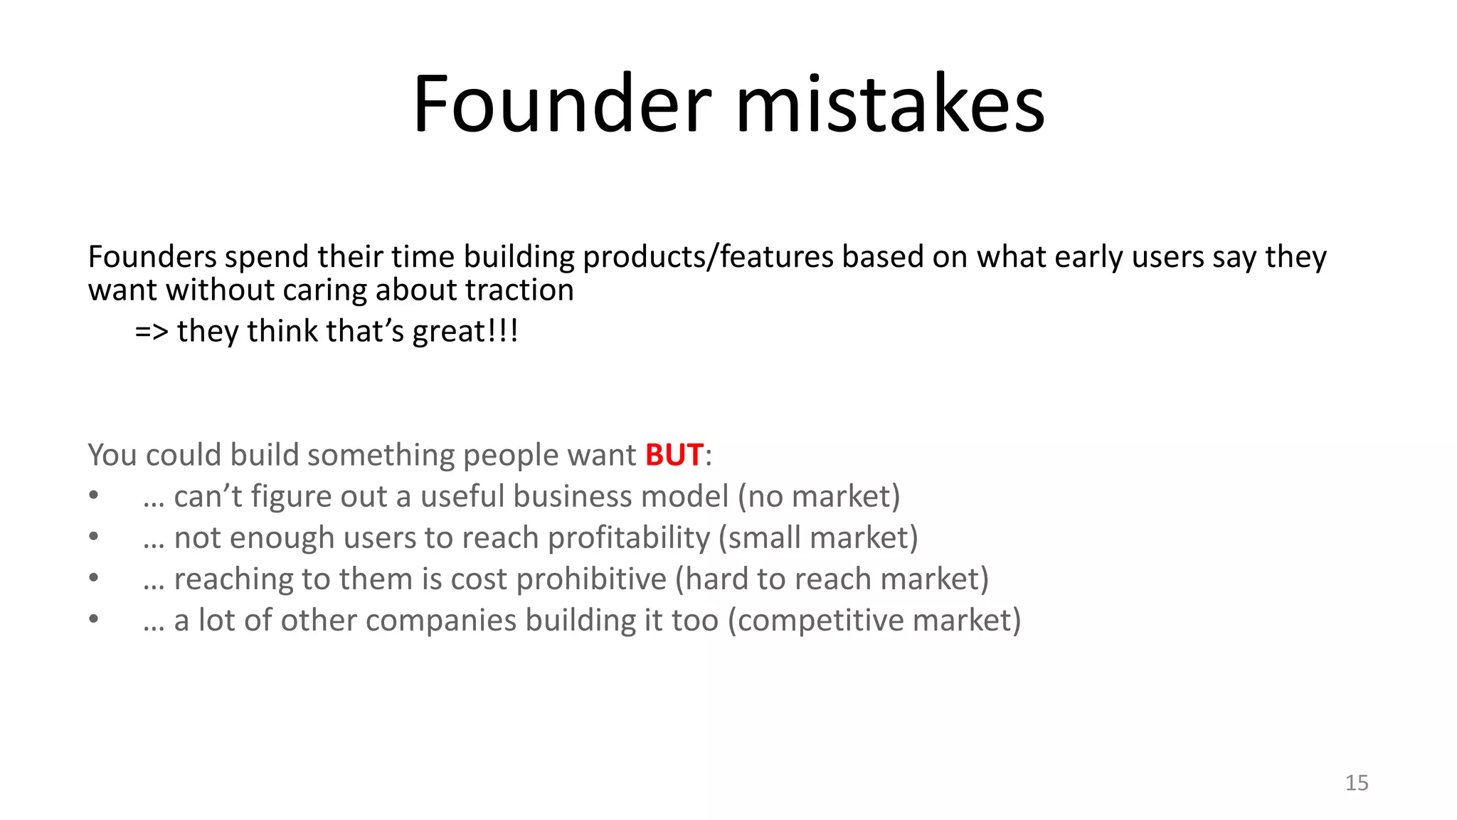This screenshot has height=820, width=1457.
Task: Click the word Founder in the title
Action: (x=561, y=105)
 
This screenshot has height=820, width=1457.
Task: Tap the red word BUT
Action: (x=674, y=455)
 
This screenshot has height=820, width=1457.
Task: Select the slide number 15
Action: (x=1356, y=783)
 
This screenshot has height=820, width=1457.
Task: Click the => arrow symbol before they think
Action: (x=151, y=332)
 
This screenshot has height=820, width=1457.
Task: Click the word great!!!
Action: (x=465, y=332)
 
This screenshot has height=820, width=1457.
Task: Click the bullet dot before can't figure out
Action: (x=93, y=496)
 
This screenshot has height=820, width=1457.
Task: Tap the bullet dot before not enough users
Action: (x=93, y=537)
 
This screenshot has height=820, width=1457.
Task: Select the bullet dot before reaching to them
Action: (x=93, y=579)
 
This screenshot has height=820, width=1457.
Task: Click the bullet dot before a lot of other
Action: (x=93, y=620)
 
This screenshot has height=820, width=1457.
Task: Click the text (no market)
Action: (x=819, y=496)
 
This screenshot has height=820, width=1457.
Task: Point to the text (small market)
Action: (x=818, y=537)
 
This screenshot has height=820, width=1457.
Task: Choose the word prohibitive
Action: (x=591, y=579)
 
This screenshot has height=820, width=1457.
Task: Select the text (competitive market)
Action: (x=874, y=620)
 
